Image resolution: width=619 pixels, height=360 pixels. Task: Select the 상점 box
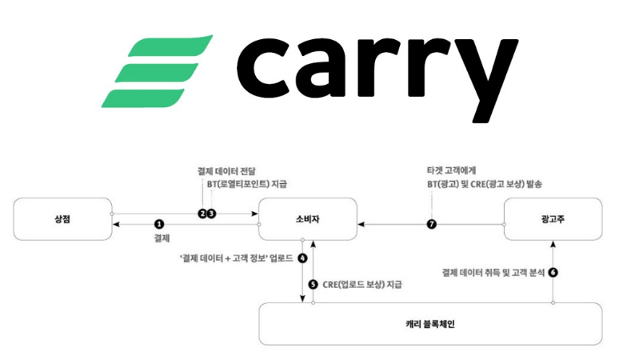62,219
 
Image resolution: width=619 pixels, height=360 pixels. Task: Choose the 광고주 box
552,219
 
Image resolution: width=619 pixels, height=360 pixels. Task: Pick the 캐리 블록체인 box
429,323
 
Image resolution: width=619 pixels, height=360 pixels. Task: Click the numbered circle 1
159,225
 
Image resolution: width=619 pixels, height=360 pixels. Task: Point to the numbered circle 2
203,213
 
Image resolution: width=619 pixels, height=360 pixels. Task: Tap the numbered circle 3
213,213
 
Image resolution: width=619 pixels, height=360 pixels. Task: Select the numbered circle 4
302,258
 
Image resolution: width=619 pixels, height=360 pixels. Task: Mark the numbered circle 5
313,284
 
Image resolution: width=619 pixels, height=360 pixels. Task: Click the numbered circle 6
553,272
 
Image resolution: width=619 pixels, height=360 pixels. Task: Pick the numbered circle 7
432,225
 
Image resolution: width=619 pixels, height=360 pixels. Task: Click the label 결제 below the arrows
159,238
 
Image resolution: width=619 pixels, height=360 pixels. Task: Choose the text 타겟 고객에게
453,171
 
